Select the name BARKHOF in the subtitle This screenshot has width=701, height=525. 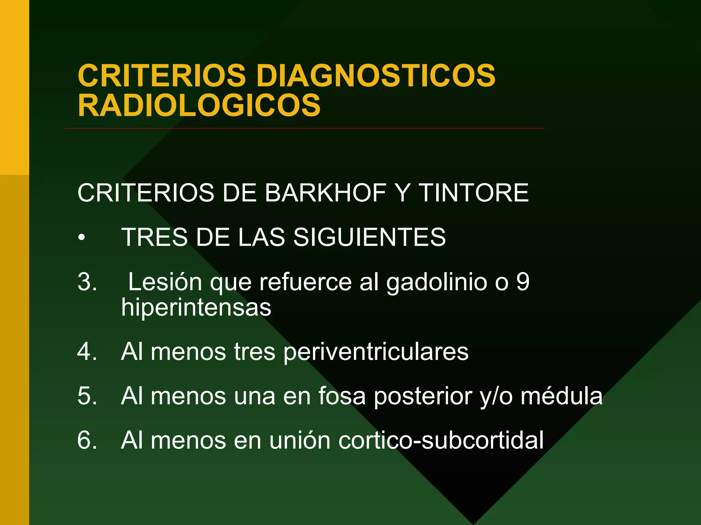(326, 193)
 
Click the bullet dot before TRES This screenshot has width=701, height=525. (81, 238)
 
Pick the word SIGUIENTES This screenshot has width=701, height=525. (370, 237)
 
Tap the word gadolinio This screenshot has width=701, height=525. (437, 283)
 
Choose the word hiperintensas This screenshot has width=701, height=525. (196, 308)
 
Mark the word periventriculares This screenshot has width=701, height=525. (376, 352)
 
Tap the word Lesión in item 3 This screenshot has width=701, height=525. (165, 282)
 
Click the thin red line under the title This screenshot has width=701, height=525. (303, 129)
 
